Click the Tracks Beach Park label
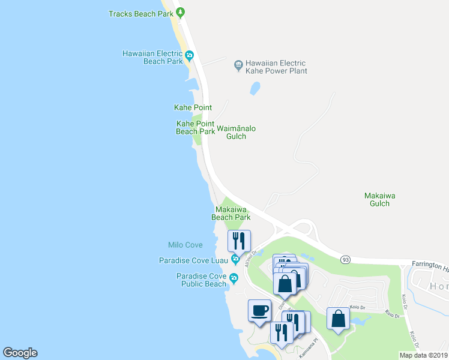[x=140, y=14]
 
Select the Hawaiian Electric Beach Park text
[x=152, y=58]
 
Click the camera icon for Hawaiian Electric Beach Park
[x=189, y=57]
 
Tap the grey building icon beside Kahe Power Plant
[x=238, y=64]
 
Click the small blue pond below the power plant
[x=255, y=89]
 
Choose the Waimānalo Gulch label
[x=236, y=132]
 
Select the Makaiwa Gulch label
[x=379, y=199]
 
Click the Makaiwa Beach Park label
[x=231, y=214]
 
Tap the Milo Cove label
[x=185, y=245]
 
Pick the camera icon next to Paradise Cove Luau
[x=235, y=260]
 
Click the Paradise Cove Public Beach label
[x=201, y=280]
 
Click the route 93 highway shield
[x=345, y=260]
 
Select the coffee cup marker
[x=259, y=311]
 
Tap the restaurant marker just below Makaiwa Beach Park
[x=240, y=241]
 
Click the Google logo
[x=20, y=353]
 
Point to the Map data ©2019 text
[x=423, y=355]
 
